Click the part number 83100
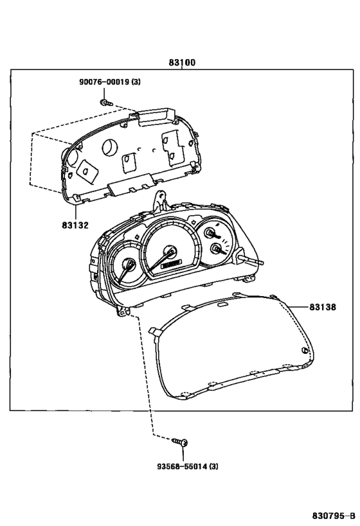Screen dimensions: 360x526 click(x=182, y=63)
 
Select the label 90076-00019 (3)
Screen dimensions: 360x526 click(x=110, y=82)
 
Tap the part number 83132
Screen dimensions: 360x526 click(x=75, y=225)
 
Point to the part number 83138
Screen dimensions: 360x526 click(x=322, y=307)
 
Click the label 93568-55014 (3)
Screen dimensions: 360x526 click(x=188, y=466)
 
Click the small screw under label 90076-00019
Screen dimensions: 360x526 click(x=107, y=103)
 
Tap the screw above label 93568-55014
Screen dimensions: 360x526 click(x=180, y=442)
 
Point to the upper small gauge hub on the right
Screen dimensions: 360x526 click(x=211, y=232)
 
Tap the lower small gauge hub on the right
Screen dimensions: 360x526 click(x=215, y=249)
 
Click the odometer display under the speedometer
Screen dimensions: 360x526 click(x=171, y=265)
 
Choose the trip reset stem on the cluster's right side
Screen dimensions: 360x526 click(x=251, y=260)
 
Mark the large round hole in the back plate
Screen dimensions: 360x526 click(x=110, y=147)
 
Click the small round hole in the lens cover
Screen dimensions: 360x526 click(x=305, y=351)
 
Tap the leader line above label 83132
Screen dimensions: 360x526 click(x=75, y=212)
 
